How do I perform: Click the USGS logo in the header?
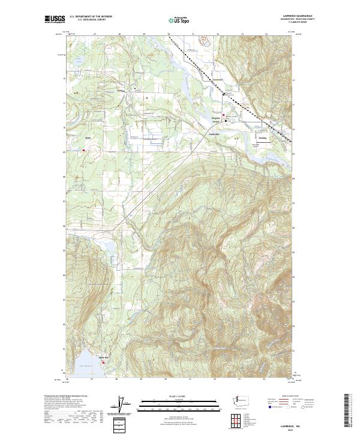tap(55, 20)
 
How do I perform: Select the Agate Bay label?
tap(103, 356)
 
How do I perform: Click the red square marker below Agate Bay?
tap(103, 362)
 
